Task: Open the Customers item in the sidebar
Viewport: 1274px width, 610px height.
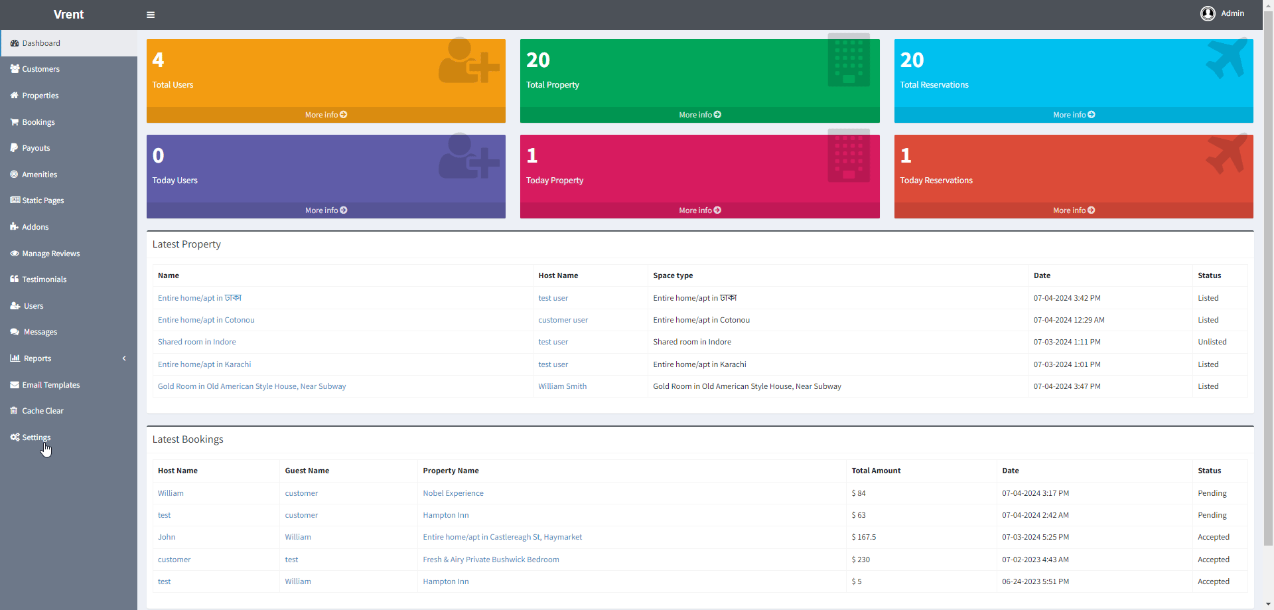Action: coord(40,69)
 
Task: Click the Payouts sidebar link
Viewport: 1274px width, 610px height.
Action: coord(36,148)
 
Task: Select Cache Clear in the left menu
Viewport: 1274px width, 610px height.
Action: coord(42,411)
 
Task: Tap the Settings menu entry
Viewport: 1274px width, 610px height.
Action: coord(36,437)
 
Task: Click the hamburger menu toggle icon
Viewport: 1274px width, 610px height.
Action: coord(151,15)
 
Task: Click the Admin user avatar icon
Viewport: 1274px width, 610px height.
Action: coord(1208,13)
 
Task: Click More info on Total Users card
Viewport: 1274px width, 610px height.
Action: coord(326,115)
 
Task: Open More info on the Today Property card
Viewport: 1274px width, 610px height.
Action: coord(699,210)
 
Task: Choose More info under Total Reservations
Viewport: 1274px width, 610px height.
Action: coord(1074,115)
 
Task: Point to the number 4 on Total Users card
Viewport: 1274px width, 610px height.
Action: coord(158,60)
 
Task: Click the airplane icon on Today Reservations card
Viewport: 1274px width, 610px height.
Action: coord(1226,154)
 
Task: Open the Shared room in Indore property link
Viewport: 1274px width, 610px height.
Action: coord(196,342)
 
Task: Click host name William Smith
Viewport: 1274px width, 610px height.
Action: coord(562,386)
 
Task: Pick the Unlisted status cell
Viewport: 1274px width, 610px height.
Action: coord(1212,342)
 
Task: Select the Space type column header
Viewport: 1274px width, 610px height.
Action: coord(673,275)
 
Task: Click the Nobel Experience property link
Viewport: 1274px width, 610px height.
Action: coord(453,493)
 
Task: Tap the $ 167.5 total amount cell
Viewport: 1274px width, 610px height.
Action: coord(863,537)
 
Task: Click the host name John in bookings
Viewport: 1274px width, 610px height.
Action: coord(167,537)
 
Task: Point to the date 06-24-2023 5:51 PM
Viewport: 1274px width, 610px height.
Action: coord(1035,581)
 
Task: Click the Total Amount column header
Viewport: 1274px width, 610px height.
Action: coord(876,471)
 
